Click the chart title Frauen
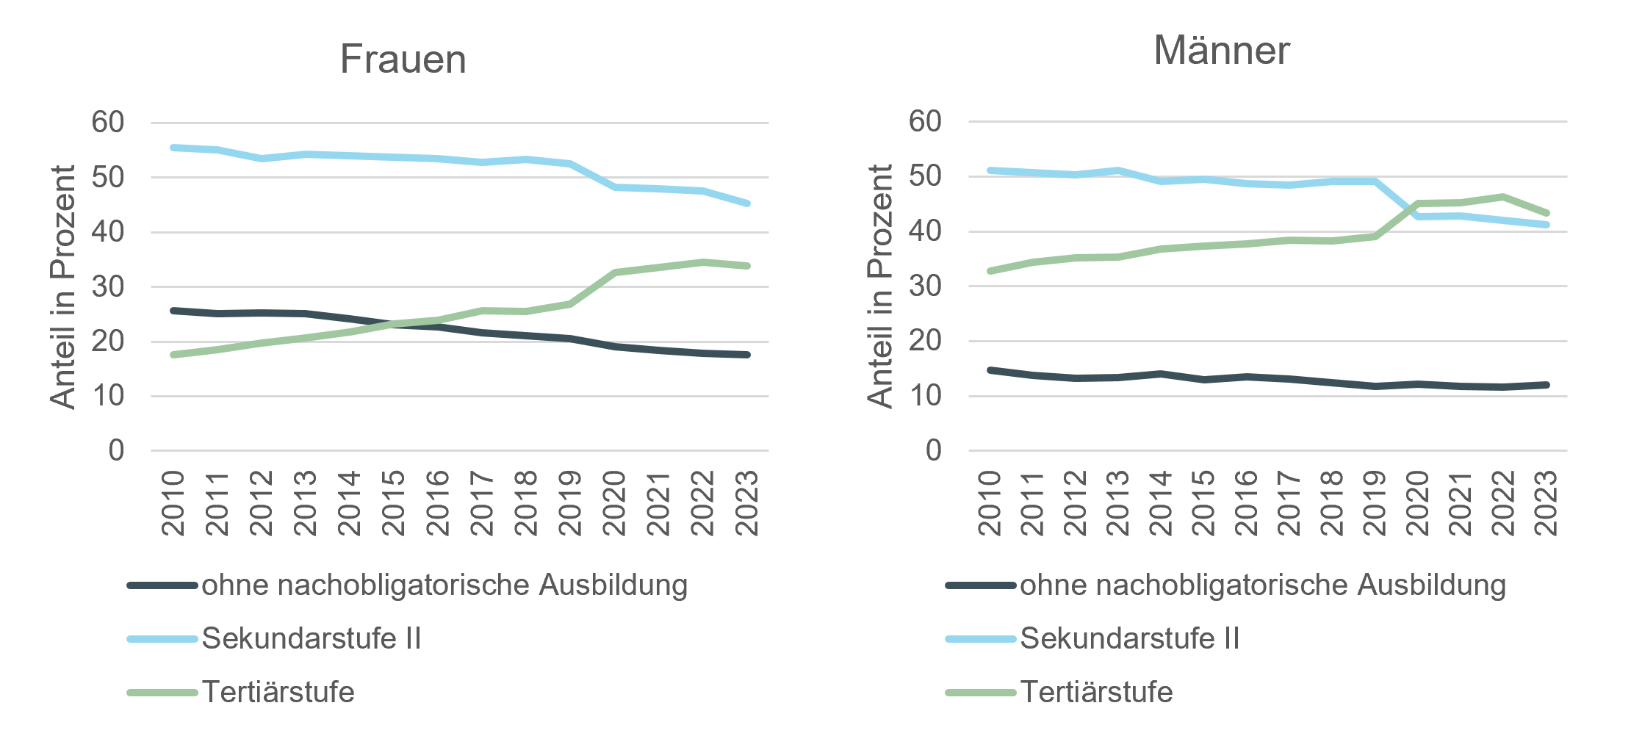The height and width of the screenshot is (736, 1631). [403, 59]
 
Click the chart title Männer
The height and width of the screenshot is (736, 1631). [1221, 51]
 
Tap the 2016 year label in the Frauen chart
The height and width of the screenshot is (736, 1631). [438, 503]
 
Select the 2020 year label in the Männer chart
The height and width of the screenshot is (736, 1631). [1418, 503]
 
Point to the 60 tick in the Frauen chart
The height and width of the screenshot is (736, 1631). [107, 123]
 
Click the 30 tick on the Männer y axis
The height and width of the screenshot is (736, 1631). [924, 286]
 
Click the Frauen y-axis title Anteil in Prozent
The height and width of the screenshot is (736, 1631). [63, 286]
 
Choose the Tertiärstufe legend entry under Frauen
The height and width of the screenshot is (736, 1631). [278, 692]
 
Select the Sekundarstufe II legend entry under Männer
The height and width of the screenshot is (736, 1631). [1129, 638]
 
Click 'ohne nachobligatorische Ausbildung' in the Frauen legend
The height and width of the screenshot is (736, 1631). [444, 585]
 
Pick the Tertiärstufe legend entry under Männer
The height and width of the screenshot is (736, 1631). [1096, 692]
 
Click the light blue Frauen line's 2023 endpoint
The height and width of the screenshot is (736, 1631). [747, 203]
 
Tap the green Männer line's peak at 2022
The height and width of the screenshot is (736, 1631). [1503, 197]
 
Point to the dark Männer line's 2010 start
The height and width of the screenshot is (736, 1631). [990, 370]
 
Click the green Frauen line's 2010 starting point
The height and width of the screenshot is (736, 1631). [173, 355]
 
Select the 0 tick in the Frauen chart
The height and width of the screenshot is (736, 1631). [116, 451]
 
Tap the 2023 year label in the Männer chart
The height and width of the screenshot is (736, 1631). [1547, 503]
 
